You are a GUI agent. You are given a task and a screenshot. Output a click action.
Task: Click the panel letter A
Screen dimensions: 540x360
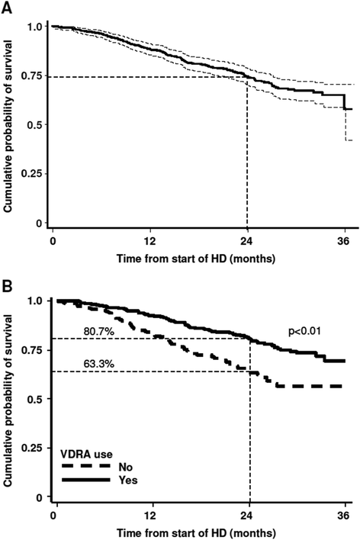tap(8, 7)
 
